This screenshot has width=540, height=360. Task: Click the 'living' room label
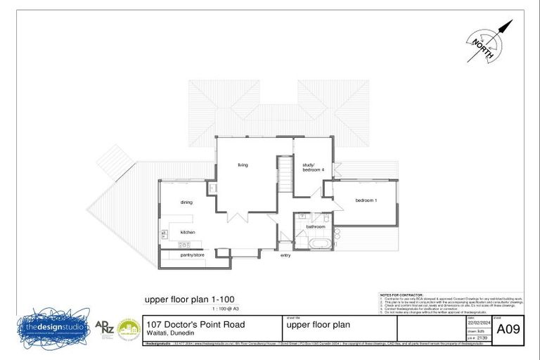(x=243, y=165)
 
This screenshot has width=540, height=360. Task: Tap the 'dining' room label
(x=186, y=202)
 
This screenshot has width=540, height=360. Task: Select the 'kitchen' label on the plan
(x=187, y=232)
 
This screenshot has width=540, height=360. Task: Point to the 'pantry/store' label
(x=192, y=255)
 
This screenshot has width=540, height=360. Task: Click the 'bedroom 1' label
(x=366, y=201)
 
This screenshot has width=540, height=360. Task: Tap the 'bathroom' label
(x=315, y=226)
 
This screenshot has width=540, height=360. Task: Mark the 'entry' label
(x=285, y=255)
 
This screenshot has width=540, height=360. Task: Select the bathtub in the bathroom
(x=323, y=243)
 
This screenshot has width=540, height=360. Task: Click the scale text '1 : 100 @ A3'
(x=226, y=309)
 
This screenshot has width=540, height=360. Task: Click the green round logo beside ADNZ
(x=129, y=329)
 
